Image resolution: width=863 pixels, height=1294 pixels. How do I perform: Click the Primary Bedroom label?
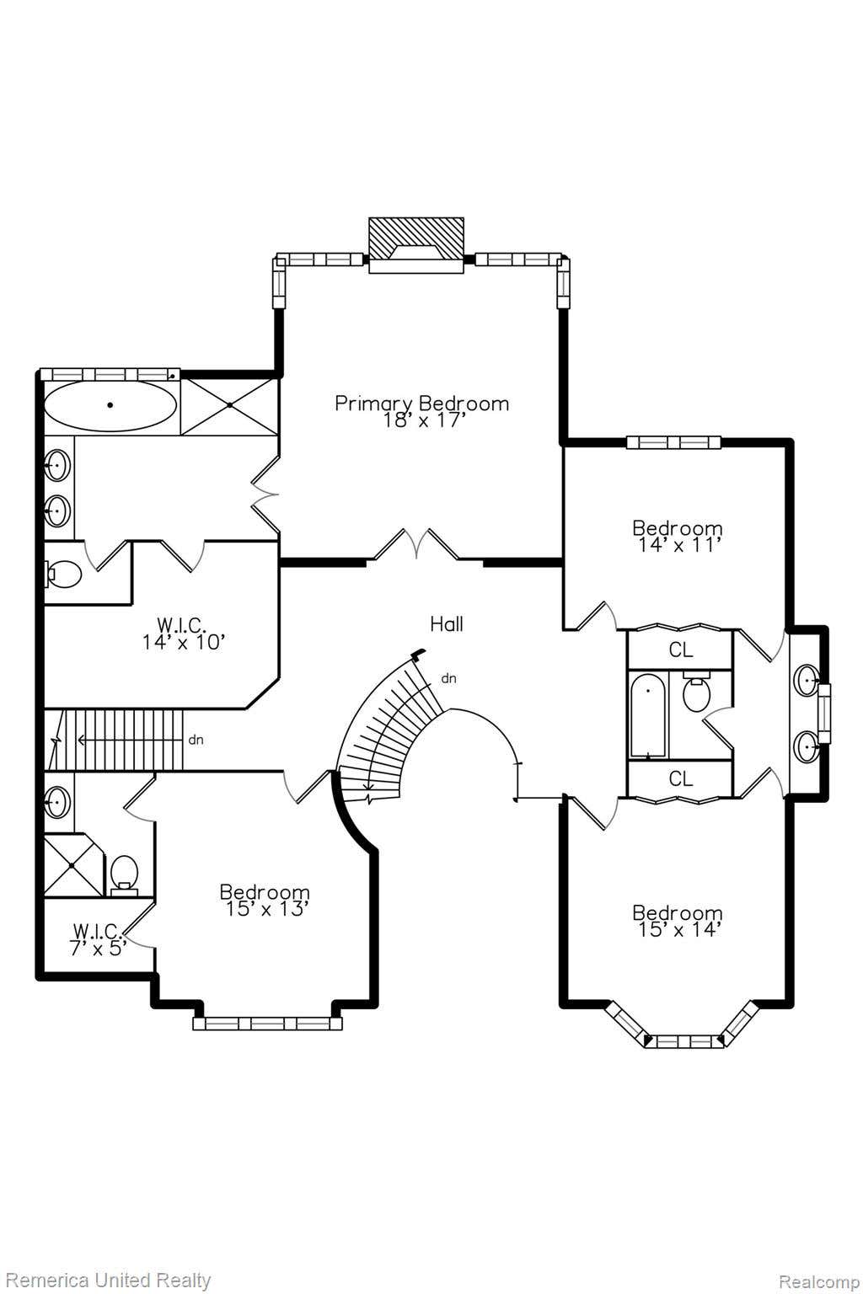[x=422, y=404]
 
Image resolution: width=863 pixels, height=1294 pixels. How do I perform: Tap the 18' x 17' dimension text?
[x=424, y=420]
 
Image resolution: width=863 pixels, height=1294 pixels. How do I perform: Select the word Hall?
[x=447, y=624]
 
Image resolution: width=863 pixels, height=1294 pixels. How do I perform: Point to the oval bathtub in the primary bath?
[x=110, y=405]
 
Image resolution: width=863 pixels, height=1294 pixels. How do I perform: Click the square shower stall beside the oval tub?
[x=229, y=405]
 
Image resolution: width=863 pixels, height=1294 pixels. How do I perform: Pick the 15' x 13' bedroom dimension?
[x=265, y=909]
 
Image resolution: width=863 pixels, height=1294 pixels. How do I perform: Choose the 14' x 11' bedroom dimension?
[x=677, y=545]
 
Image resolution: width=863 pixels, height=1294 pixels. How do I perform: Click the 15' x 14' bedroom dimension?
[x=677, y=929]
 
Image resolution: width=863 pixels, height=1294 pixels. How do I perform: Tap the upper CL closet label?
[x=680, y=650]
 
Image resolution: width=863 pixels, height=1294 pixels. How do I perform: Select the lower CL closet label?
[x=680, y=778]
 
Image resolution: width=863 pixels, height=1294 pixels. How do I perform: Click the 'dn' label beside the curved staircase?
[x=448, y=679]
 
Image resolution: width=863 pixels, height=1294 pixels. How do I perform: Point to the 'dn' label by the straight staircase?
[x=196, y=740]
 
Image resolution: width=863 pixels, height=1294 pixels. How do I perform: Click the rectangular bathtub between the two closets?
[x=648, y=714]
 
